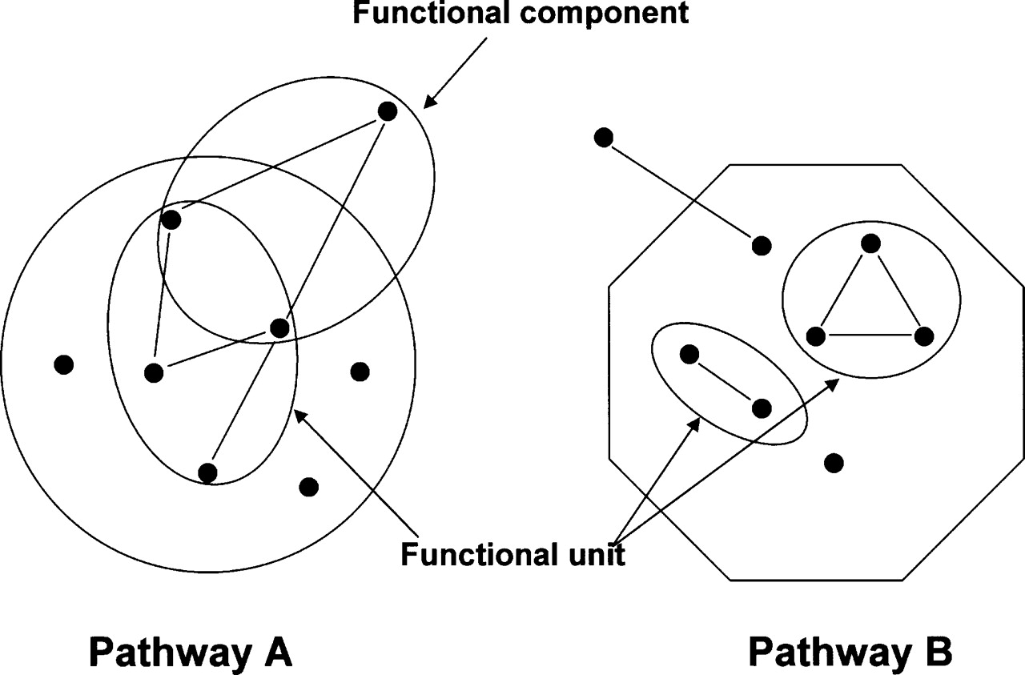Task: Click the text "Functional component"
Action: [x=521, y=14]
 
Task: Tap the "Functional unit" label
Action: [x=512, y=555]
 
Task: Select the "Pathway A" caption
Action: [x=190, y=652]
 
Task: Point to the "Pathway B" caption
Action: [x=850, y=652]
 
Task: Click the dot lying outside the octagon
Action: [x=605, y=137]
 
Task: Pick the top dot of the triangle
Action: [x=870, y=243]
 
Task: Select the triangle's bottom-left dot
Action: [x=816, y=335]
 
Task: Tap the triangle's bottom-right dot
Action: [x=923, y=335]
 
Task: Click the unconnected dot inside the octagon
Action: [x=833, y=462]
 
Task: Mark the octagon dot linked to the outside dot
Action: [x=761, y=244]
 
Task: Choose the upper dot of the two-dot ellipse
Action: [x=689, y=353]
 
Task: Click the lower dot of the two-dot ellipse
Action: [x=762, y=408]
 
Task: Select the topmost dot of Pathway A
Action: [x=387, y=111]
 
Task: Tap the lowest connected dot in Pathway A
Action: [x=207, y=472]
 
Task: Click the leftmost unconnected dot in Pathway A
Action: [x=64, y=364]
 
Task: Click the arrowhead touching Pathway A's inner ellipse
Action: [x=300, y=415]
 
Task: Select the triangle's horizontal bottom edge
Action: [x=870, y=335]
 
